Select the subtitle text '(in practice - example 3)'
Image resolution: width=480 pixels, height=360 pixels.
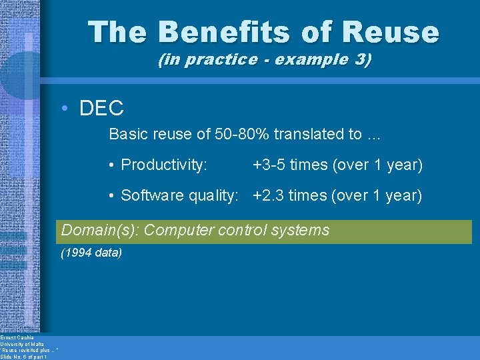pyautogui.click(x=265, y=60)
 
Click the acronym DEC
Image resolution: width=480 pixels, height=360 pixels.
pyautogui.click(x=101, y=109)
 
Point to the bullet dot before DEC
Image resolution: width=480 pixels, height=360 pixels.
pyautogui.click(x=69, y=109)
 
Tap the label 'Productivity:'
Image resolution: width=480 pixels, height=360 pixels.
pyautogui.click(x=164, y=165)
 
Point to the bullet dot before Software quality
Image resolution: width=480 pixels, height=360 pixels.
pyautogui.click(x=114, y=195)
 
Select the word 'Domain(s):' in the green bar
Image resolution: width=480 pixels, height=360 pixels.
pyautogui.click(x=101, y=231)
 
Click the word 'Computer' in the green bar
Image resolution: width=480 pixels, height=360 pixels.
pyautogui.click(x=176, y=231)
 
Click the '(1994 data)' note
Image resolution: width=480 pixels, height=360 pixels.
pyautogui.click(x=91, y=253)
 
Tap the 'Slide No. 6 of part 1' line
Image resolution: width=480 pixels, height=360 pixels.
pyautogui.click(x=23, y=357)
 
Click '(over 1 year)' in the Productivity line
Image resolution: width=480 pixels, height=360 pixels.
pyautogui.click(x=382, y=165)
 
